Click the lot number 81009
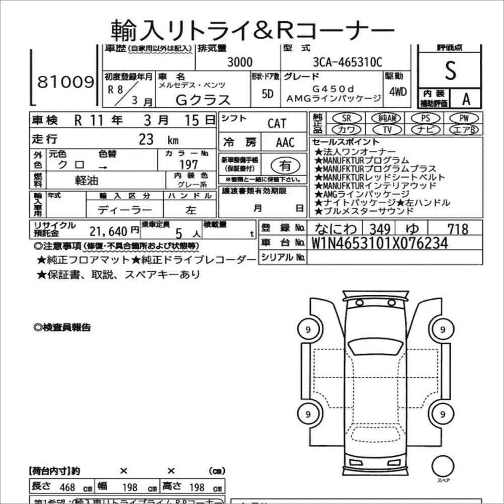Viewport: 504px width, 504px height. click(65, 82)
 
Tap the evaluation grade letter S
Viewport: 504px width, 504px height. click(450, 71)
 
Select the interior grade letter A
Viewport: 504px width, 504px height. click(466, 99)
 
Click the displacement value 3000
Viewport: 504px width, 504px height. click(240, 63)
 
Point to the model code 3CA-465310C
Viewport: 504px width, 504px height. click(347, 63)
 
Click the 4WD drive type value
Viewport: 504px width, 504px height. click(397, 92)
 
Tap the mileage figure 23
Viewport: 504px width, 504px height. click(146, 140)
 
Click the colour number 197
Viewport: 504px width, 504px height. click(189, 164)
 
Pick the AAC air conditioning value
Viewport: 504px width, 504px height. click(285, 143)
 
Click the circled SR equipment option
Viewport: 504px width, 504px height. click(346, 118)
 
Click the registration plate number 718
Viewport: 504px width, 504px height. click(458, 229)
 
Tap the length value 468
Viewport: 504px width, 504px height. click(67, 487)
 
